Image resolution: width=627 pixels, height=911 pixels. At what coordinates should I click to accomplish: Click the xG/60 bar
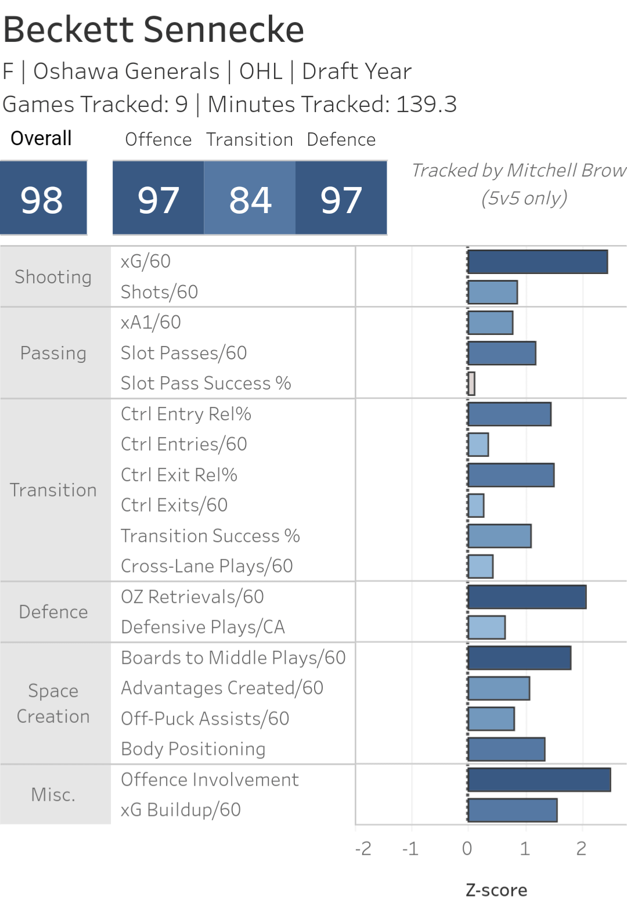point(538,262)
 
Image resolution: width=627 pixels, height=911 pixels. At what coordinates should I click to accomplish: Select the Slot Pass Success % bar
point(471,384)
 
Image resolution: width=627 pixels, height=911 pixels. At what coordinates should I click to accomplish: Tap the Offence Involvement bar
point(539,780)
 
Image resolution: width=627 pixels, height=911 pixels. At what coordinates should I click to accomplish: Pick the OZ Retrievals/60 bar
point(527,597)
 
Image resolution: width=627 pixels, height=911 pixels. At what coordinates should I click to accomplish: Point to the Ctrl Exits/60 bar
point(476,506)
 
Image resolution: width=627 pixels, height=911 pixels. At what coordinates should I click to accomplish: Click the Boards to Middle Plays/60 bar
point(520,658)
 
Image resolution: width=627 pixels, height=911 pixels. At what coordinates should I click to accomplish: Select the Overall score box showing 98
point(43,199)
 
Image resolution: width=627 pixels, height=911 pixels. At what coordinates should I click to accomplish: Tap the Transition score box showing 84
point(250,199)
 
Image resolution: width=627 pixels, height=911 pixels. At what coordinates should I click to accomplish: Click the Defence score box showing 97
point(341,199)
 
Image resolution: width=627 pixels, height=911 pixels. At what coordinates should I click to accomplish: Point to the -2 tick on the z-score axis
point(363,849)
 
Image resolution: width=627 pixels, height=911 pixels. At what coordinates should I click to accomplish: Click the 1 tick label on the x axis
point(525,849)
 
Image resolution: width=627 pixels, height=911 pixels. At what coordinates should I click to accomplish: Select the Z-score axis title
point(496,890)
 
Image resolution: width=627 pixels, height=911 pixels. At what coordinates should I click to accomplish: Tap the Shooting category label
point(53,277)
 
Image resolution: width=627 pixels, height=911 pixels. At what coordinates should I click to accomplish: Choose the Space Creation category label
point(53,703)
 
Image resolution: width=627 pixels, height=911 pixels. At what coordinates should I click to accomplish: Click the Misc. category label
point(53,795)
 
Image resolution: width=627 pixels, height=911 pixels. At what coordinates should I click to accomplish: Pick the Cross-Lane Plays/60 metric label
point(207,566)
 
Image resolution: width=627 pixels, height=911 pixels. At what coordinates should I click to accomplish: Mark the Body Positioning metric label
point(193,749)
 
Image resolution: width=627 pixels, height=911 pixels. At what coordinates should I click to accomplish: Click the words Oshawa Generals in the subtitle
point(127,71)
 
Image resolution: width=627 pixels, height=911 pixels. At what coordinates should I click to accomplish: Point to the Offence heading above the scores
point(158,139)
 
